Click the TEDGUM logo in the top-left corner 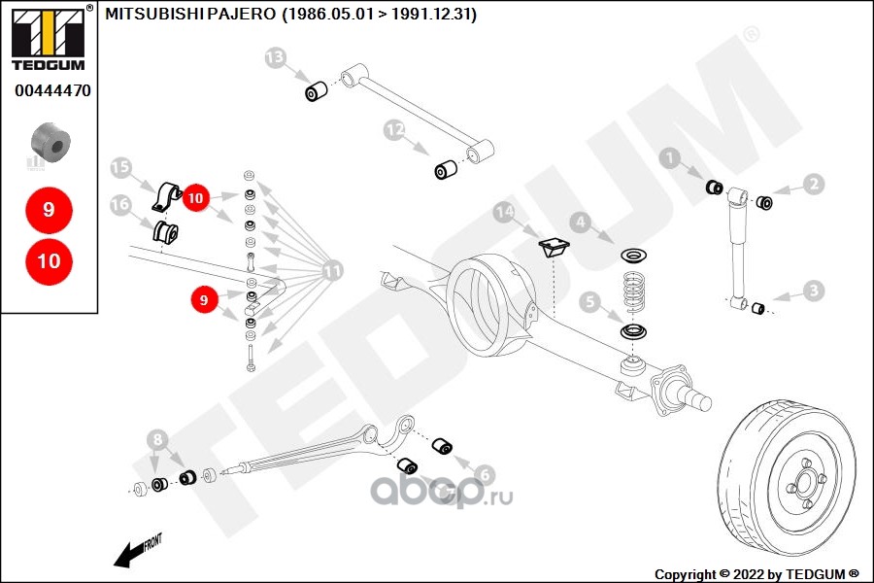click(x=50, y=37)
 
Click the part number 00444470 click(x=53, y=90)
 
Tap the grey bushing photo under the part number click(x=50, y=143)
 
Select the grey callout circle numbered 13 click(x=275, y=57)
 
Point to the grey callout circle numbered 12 click(x=394, y=130)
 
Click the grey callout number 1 click(x=670, y=158)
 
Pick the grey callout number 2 click(x=814, y=184)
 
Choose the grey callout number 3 click(x=814, y=291)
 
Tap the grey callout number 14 click(x=504, y=212)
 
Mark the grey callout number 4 click(x=581, y=223)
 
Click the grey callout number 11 click(x=332, y=271)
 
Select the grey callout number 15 click(x=120, y=167)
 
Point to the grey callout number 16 click(x=120, y=205)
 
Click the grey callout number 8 click(x=157, y=439)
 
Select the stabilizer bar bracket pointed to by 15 click(x=167, y=197)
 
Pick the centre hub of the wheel click(x=805, y=483)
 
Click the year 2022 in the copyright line click(x=749, y=574)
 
